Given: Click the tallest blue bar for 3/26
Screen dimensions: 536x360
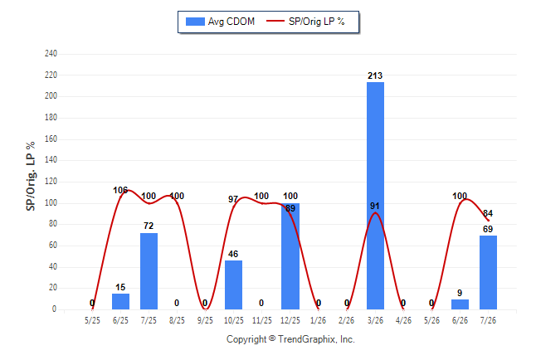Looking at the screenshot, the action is click(x=375, y=196).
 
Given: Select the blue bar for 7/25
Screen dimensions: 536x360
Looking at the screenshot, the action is click(x=149, y=271).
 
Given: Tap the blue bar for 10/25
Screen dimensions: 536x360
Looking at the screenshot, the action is click(x=233, y=285).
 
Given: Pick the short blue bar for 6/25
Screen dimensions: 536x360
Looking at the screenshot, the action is click(x=120, y=301).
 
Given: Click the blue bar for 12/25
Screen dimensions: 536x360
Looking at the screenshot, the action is click(x=290, y=256).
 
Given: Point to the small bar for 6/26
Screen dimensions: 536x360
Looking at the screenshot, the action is click(x=460, y=304).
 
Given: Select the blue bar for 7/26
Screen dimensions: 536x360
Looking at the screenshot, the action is click(x=488, y=272).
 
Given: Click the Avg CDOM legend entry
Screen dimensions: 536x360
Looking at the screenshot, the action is click(x=220, y=22).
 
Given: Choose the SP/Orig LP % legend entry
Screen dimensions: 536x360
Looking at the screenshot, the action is click(x=305, y=22).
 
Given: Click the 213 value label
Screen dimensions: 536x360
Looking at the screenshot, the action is click(x=375, y=75).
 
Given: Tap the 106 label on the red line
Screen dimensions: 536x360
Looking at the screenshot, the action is click(x=120, y=190).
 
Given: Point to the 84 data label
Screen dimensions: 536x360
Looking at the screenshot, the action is click(x=488, y=213).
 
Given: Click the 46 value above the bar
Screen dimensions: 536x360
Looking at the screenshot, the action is click(x=233, y=254).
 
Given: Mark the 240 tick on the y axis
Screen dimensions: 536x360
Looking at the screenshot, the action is click(x=51, y=54).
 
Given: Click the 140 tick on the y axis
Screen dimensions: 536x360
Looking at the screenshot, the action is click(x=51, y=159).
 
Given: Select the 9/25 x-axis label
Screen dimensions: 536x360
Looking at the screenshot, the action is click(x=205, y=320).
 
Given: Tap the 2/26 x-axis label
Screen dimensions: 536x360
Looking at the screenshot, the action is click(x=347, y=320).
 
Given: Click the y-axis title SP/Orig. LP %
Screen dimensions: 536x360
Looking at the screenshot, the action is click(x=31, y=176).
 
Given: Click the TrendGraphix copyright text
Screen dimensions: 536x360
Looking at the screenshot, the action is click(x=290, y=339).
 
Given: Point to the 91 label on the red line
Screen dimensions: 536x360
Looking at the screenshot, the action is click(x=375, y=206).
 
